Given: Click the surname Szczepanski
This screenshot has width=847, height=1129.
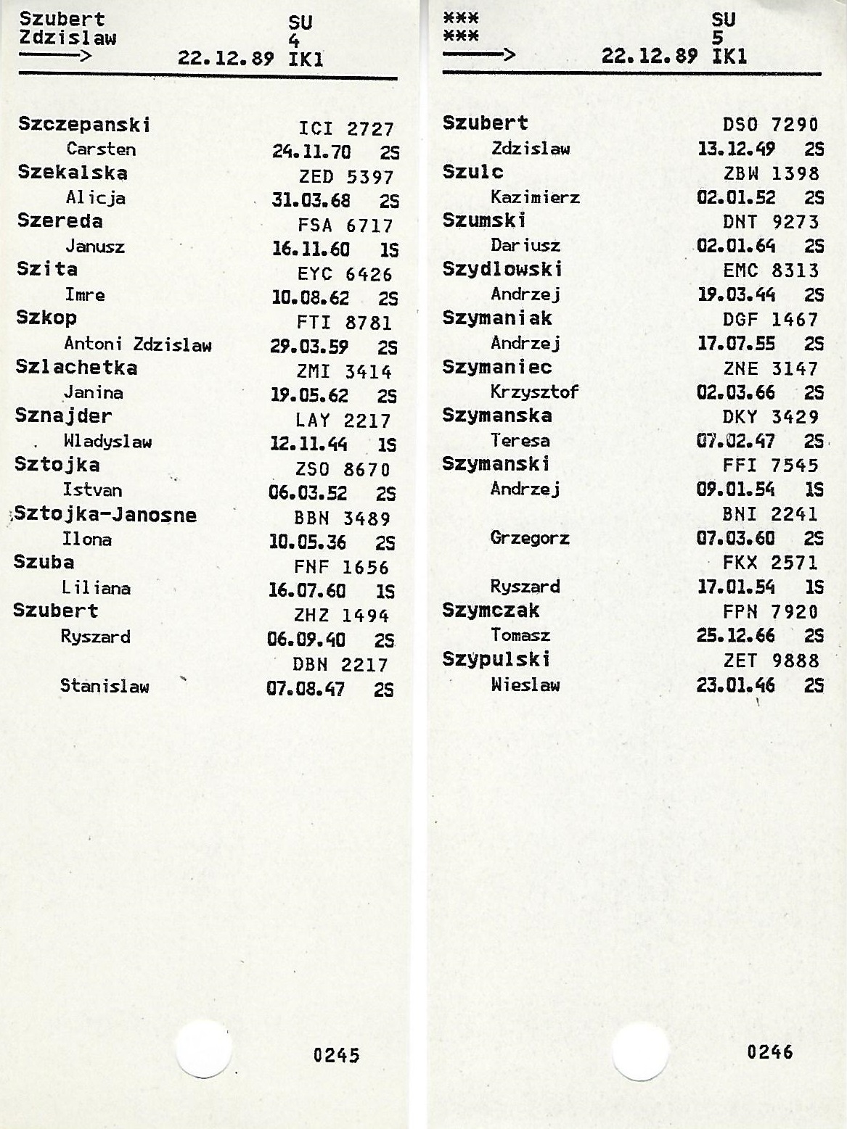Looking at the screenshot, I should tap(84, 125).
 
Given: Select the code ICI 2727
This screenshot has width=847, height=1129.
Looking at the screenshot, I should tap(346, 129).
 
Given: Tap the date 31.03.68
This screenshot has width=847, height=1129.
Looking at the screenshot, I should tap(311, 200).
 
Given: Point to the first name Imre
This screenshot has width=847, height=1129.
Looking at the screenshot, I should tap(85, 295).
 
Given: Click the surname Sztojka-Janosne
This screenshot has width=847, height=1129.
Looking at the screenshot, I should tap(105, 515).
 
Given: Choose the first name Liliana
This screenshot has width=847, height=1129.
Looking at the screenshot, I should tap(96, 588).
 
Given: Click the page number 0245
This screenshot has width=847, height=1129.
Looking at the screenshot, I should tap(336, 1055).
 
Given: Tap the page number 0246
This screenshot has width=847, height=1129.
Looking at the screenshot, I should tap(770, 1051).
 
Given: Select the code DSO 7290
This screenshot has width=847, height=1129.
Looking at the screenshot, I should tap(771, 125).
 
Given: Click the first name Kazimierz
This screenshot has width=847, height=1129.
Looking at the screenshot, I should tap(535, 197).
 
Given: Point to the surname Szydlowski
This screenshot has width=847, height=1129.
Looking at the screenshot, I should tap(502, 269).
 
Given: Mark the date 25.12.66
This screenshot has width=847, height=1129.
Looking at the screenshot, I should tap(736, 636).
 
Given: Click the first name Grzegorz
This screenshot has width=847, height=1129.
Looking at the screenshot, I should tap(530, 539).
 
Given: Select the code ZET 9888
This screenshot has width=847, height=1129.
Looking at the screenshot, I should tap(771, 661).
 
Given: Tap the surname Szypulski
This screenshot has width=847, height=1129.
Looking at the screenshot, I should tap(496, 659).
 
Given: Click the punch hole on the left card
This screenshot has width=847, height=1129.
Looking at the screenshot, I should tap(202, 1049).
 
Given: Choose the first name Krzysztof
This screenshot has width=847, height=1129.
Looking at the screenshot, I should tap(534, 392).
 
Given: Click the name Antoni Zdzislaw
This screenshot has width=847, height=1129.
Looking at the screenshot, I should tap(138, 344).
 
